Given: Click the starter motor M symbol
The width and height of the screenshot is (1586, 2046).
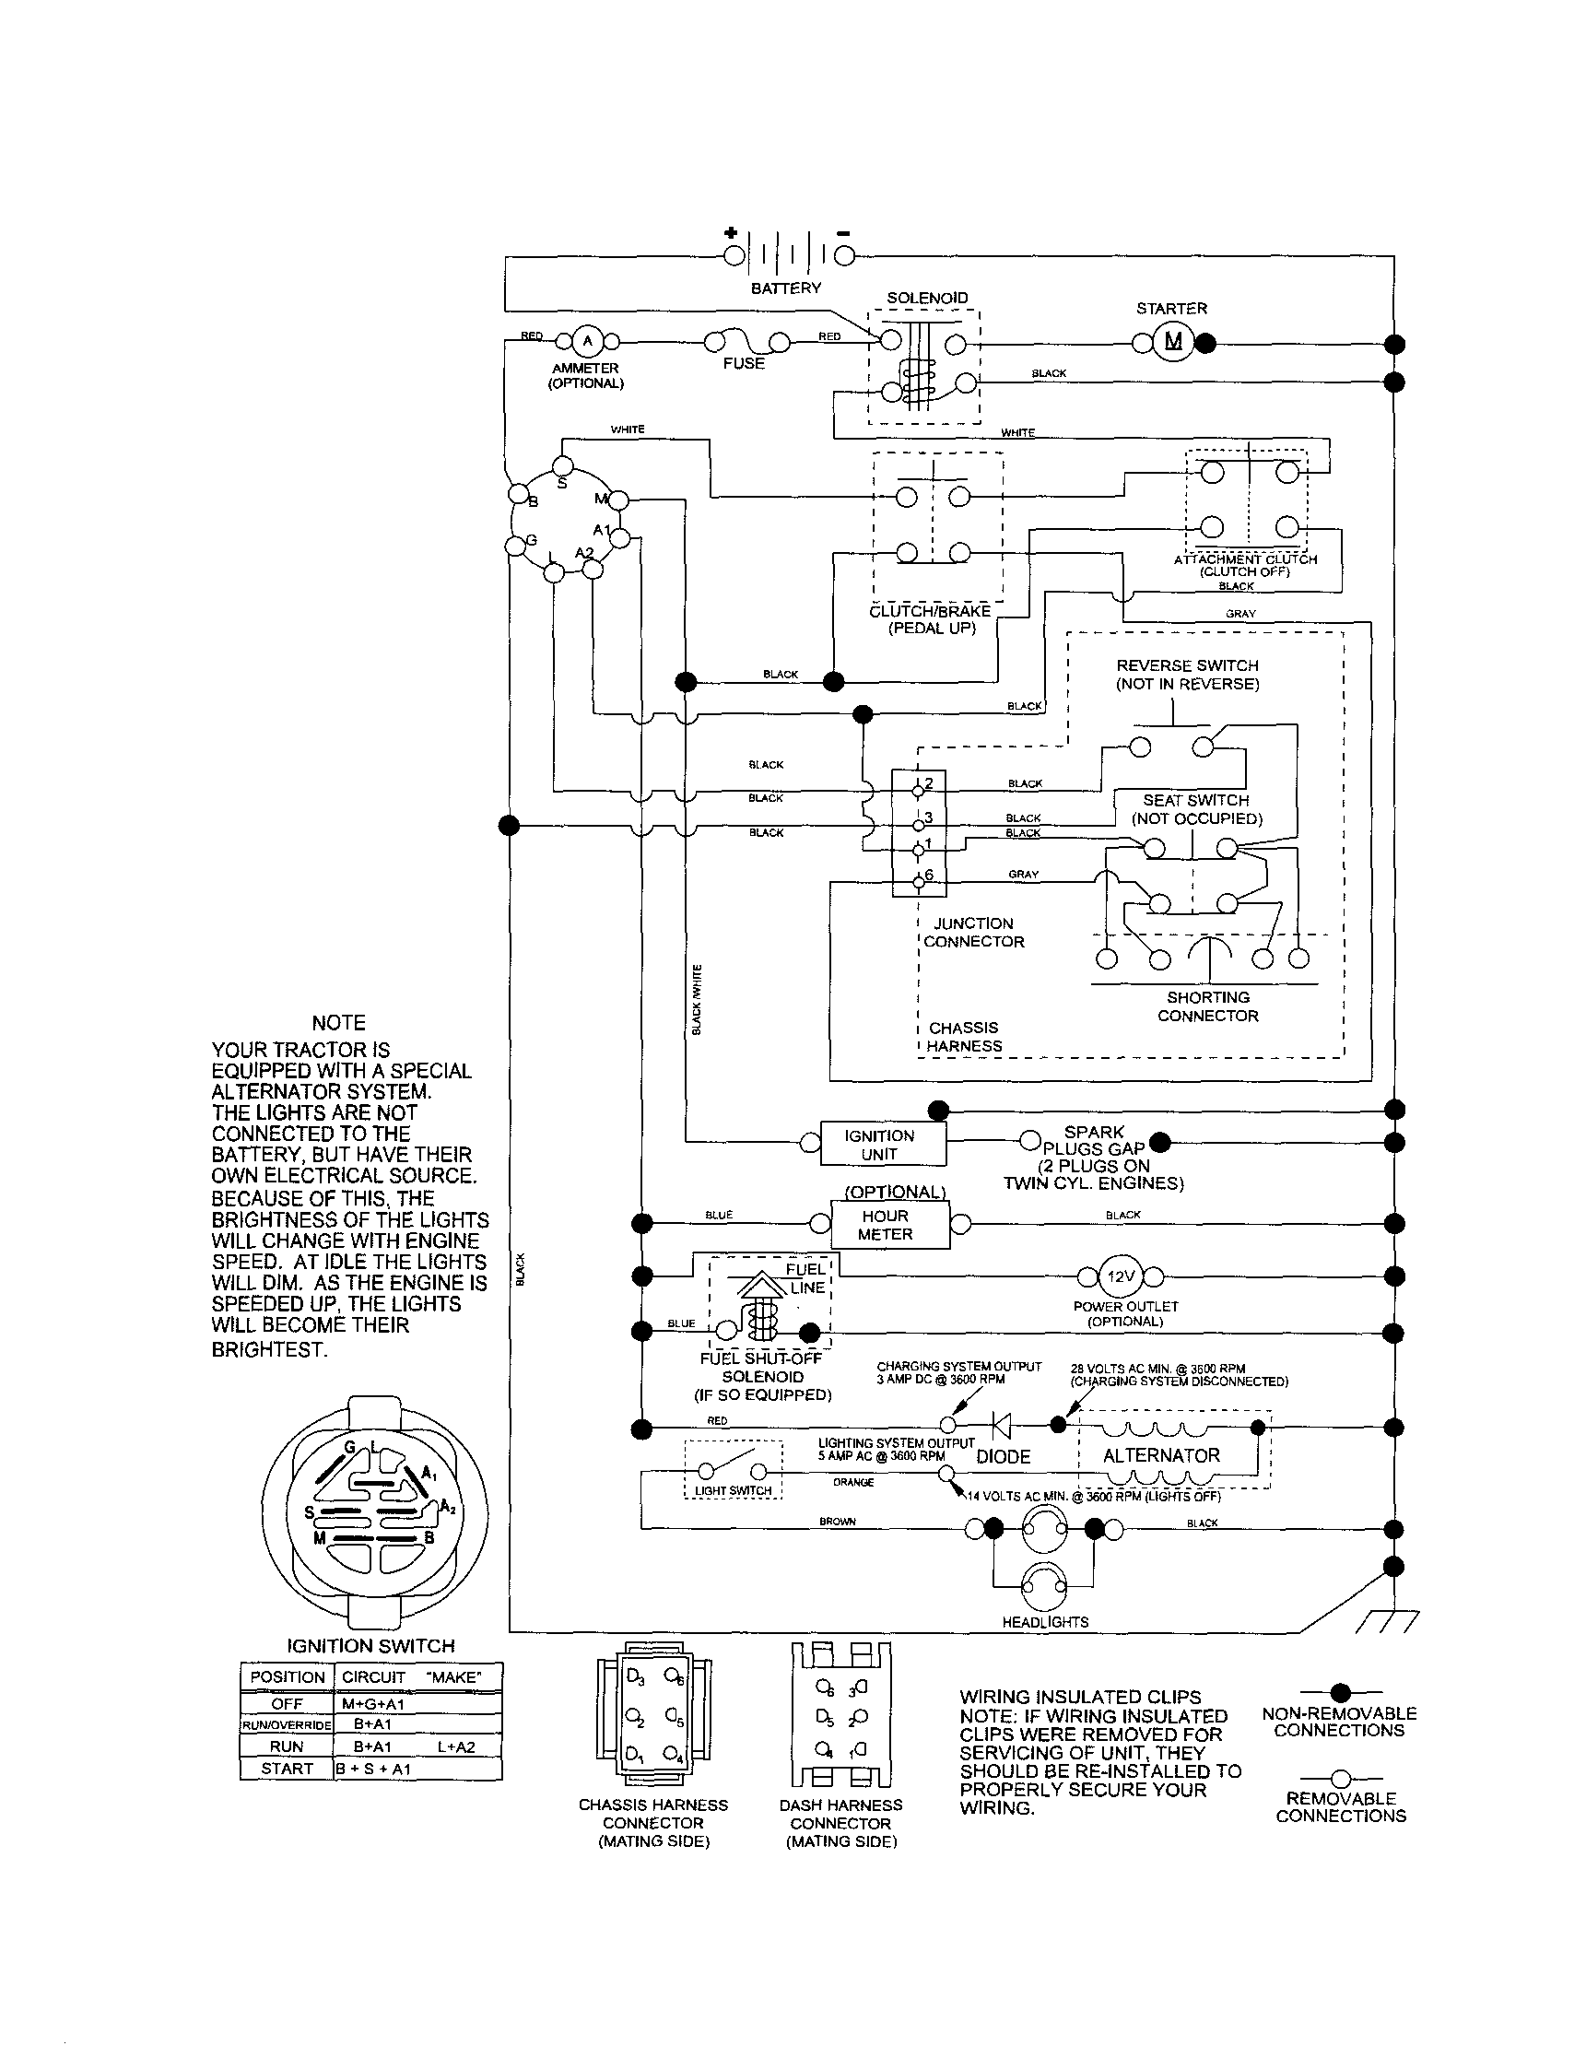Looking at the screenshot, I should pos(1173,341).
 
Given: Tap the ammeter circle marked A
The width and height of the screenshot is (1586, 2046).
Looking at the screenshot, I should pos(586,341).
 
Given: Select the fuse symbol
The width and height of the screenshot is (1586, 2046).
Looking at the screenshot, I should pos(745,341).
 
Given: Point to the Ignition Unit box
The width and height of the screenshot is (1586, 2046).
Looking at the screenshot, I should pos(882,1144).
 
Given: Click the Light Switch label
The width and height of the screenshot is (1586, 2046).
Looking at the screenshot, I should pos(733,1490).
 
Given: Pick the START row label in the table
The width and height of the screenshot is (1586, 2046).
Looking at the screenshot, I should pos(287,1769).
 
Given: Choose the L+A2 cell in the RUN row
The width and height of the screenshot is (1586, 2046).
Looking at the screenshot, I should pos(456,1746).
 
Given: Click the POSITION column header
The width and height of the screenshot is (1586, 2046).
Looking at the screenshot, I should pos(287,1677).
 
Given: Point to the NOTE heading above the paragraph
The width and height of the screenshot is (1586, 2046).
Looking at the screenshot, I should pos(338,1023).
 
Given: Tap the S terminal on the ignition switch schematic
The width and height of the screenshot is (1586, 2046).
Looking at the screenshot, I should pos(562,466).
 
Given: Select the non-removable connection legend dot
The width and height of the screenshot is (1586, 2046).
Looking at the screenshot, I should pos(1341,1692).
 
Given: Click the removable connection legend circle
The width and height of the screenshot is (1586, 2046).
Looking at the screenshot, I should pos(1341,1778).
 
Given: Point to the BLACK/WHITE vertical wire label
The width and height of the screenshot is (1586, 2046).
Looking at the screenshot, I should pos(696,1000).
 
